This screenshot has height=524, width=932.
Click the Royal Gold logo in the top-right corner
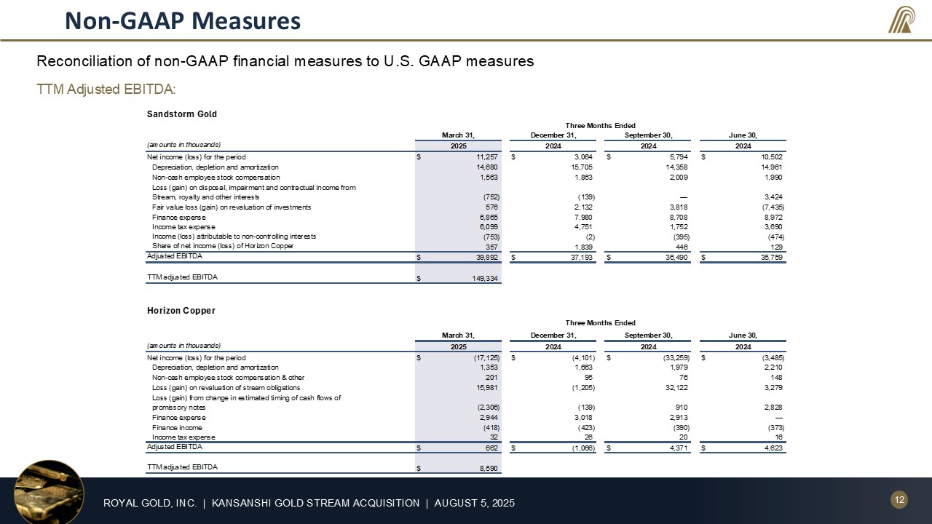(901, 20)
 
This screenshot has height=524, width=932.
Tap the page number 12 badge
(899, 499)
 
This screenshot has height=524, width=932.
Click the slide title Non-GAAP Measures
(182, 20)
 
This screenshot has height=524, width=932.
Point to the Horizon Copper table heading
(181, 311)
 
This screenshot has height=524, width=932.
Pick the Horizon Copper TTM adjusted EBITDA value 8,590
(487, 469)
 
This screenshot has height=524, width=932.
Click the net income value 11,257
(486, 157)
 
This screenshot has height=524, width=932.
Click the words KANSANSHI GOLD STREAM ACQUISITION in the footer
(316, 503)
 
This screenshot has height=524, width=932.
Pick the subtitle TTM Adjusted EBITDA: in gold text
(107, 89)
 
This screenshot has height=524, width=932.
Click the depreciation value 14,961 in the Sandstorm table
(770, 167)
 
